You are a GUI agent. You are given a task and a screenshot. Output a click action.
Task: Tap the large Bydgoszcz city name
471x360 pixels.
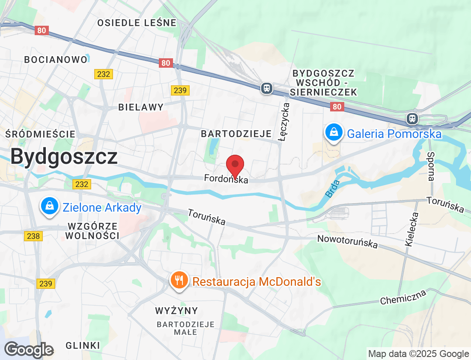[64, 156]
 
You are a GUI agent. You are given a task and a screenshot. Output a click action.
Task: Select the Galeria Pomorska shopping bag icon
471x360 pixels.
[333, 132]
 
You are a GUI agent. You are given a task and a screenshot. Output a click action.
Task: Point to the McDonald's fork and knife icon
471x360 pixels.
[179, 280]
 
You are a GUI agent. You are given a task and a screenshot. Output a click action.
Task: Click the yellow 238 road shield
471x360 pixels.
[33, 236]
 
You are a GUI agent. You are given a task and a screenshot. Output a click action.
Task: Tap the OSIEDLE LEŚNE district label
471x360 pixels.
[137, 23]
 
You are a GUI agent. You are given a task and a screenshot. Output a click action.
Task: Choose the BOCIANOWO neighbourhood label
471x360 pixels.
[56, 60]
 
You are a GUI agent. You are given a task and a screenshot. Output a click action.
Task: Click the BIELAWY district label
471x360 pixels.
[141, 107]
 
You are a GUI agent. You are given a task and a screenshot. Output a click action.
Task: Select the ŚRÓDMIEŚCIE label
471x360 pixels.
[41, 134]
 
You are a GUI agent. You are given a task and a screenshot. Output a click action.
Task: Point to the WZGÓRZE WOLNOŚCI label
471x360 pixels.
[92, 231]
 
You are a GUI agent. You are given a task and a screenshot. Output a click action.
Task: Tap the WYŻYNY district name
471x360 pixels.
[177, 310]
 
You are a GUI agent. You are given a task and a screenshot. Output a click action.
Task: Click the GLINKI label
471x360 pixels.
[83, 345]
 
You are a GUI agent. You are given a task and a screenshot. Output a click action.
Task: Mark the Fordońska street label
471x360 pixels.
[226, 179]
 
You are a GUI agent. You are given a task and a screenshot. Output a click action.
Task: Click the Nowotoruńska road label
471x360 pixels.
[347, 241]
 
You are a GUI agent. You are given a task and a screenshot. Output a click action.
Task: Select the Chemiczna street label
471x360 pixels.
[403, 297]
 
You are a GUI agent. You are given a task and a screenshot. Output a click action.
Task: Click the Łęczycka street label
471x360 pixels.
[284, 122]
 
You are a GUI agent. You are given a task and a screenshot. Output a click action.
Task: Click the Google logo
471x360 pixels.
[29, 350]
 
